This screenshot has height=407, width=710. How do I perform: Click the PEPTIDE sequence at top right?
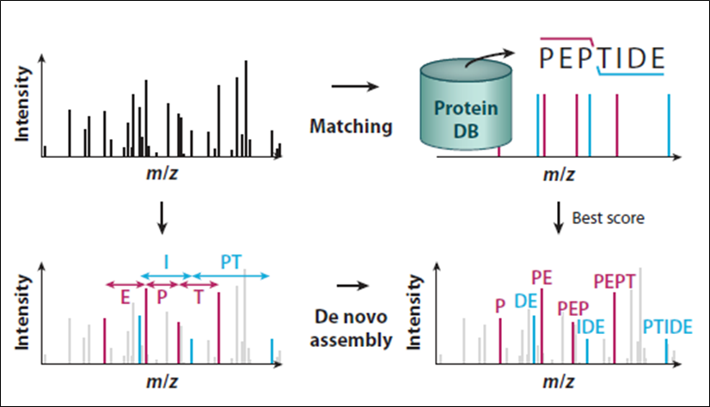coord(602,58)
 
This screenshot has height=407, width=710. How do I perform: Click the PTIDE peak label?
coord(667,327)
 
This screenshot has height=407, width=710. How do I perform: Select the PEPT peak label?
coord(614,281)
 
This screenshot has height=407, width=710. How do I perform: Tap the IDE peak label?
coord(590,327)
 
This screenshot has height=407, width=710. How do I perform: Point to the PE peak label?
coord(542,276)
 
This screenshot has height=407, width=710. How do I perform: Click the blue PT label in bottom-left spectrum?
coord(231,260)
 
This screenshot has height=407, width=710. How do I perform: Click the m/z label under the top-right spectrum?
coord(559,174)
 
